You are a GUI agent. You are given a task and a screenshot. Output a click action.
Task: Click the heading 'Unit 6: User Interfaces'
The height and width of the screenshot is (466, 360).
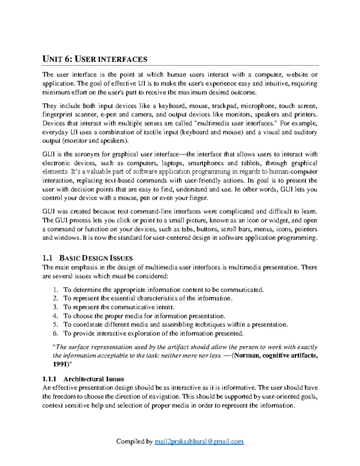[x=95, y=59]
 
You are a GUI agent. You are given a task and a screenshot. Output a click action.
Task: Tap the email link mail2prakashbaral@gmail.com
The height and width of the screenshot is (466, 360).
[x=199, y=441]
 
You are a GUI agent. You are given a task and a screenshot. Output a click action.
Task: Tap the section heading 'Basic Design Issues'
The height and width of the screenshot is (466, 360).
[x=96, y=258]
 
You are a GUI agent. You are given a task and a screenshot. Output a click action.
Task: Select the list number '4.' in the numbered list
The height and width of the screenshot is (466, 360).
[x=55, y=316]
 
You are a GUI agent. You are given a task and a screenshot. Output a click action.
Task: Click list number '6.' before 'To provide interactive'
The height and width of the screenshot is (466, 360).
[x=55, y=333]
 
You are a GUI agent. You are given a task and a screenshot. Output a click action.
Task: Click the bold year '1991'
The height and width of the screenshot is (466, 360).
[x=59, y=364]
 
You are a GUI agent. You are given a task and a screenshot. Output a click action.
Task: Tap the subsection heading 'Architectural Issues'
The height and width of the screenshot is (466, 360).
[x=94, y=379]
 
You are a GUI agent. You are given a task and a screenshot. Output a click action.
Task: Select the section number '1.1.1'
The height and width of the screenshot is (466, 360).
[x=49, y=379]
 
